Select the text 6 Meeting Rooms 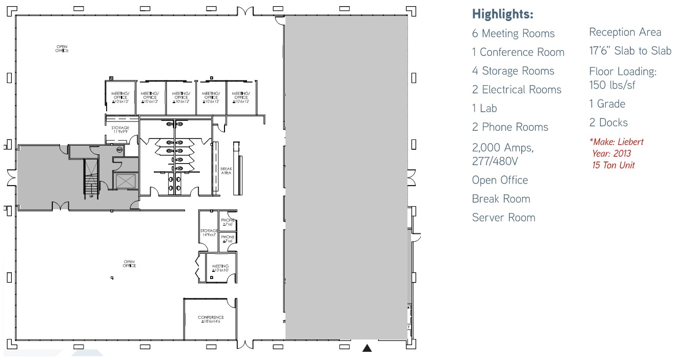click(513, 34)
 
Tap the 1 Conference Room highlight click(518, 52)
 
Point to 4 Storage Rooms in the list click(513, 71)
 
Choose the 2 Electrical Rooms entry click(517, 90)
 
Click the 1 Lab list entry click(484, 109)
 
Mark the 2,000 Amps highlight click(502, 148)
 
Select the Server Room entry click(503, 218)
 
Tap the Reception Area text click(625, 32)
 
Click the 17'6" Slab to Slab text click(630, 51)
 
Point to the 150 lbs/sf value click(612, 85)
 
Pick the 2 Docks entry click(608, 123)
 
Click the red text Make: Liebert click(617, 142)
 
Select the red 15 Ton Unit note click(613, 165)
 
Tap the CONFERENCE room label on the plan click(211, 319)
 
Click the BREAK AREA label click(226, 171)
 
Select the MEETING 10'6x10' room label click(220, 268)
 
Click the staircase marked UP click(91, 178)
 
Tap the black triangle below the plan click(367, 349)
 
